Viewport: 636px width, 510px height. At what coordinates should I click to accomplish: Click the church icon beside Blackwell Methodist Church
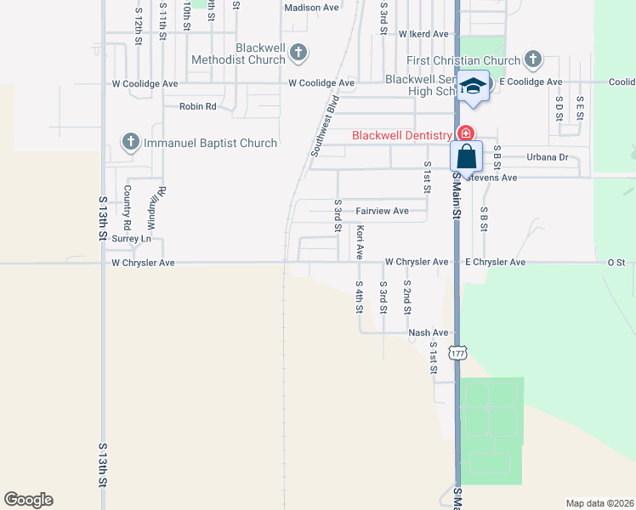298,53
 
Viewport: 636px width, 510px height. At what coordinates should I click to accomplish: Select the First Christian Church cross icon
532,59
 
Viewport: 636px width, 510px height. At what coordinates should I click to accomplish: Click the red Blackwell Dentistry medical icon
465,134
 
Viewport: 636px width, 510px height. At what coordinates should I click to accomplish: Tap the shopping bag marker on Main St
466,157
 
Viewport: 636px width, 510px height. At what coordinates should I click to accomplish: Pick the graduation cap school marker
474,86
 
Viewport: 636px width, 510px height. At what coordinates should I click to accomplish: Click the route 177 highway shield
457,353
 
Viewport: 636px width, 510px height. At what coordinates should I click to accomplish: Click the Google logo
28,500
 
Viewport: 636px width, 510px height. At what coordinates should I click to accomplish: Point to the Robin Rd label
197,106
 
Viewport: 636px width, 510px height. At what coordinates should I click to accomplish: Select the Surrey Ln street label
131,239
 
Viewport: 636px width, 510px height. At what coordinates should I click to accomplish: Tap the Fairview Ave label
382,211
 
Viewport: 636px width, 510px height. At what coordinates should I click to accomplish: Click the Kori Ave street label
361,242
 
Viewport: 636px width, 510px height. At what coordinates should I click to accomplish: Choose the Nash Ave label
428,333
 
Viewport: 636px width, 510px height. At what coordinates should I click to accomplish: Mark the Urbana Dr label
547,157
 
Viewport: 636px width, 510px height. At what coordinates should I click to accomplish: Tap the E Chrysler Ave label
495,263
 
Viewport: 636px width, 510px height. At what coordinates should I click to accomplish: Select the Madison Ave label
311,8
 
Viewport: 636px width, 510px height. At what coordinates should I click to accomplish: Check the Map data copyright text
599,503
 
